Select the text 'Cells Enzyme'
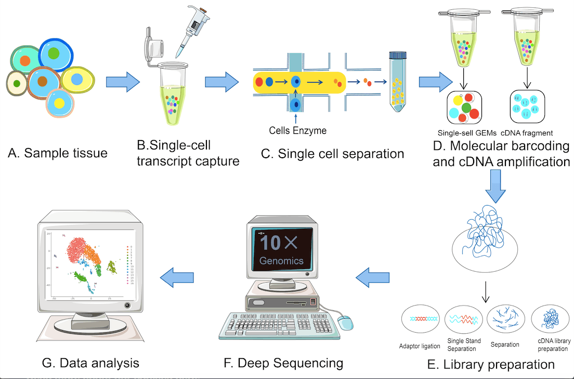point(297,130)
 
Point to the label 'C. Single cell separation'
point(341,154)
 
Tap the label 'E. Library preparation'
point(491,363)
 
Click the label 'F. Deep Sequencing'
point(283,362)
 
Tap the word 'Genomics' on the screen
point(281,261)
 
